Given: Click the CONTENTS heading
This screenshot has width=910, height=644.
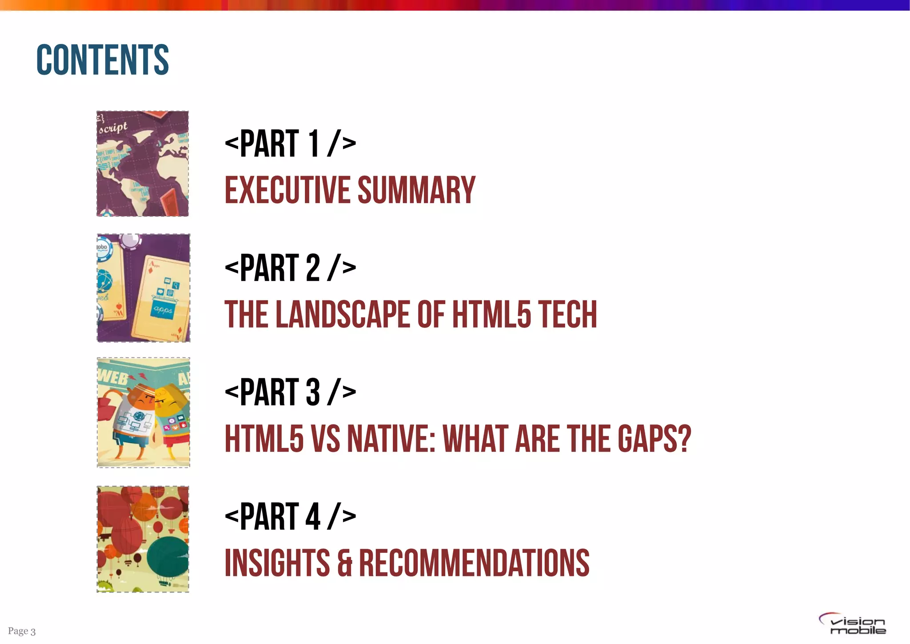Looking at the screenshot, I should (x=103, y=60).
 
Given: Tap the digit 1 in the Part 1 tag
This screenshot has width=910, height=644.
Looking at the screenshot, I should (x=314, y=143).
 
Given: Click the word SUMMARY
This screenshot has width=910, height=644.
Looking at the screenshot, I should (x=416, y=190).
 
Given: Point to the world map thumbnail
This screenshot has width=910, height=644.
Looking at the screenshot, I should (x=143, y=164).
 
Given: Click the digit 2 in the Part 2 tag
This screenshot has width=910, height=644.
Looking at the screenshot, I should (x=312, y=268).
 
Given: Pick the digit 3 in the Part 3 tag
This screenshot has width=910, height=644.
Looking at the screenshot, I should (x=312, y=392).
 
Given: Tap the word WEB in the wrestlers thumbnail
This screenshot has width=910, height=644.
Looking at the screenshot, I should (x=113, y=377).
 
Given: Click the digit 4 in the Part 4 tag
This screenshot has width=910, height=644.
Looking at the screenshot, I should (x=313, y=516).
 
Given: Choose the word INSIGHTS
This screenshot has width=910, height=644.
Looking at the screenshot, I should (x=277, y=563).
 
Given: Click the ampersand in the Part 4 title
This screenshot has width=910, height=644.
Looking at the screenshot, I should (x=345, y=564).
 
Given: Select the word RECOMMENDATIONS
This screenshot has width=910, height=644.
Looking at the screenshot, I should (x=474, y=563).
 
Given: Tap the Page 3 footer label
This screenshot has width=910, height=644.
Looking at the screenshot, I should (x=22, y=631).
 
